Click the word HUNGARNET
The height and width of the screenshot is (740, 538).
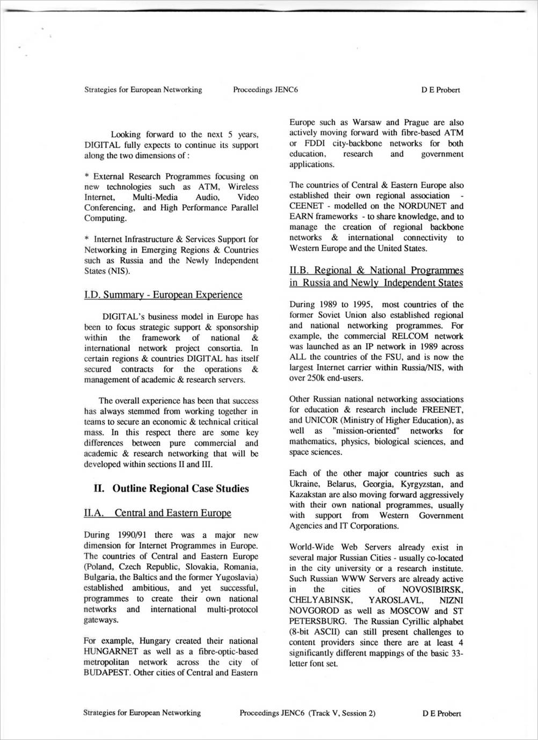click(109, 651)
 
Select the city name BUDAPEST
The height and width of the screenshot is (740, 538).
click(106, 672)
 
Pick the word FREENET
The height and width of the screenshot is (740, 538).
click(442, 410)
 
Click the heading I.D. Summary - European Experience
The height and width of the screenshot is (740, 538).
click(163, 295)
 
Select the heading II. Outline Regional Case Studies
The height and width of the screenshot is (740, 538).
click(171, 489)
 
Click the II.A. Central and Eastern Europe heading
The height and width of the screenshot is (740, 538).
click(158, 513)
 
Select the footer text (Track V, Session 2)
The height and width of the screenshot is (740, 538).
click(341, 714)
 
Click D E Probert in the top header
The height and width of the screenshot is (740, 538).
click(441, 90)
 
